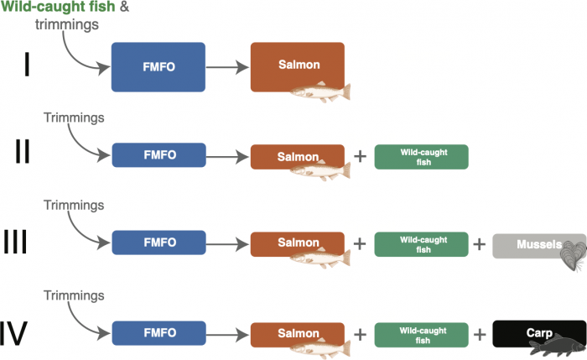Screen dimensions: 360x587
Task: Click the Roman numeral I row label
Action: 27,65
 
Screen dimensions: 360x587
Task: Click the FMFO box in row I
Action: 158,66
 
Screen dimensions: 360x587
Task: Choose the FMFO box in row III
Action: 158,243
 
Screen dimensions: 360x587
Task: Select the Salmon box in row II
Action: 297,157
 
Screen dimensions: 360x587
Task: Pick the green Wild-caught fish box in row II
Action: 421,157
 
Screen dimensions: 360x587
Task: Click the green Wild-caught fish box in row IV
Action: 421,334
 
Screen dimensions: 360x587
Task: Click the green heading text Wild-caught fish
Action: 50,8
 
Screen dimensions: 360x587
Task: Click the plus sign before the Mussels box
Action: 480,245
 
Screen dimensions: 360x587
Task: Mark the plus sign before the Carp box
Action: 480,334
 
